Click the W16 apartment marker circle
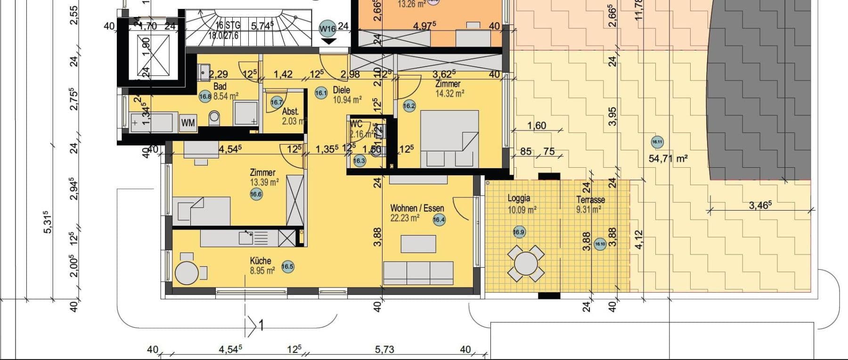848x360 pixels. [327, 28]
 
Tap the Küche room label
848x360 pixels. [261, 261]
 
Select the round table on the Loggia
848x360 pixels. [525, 263]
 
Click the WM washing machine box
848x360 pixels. [188, 123]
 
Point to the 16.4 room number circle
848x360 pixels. [439, 219]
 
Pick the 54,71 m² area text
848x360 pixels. [668, 159]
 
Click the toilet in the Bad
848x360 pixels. [214, 117]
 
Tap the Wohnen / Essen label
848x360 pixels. [417, 208]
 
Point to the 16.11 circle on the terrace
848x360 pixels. [657, 141]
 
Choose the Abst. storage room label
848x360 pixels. [290, 112]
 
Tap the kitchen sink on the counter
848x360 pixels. [246, 237]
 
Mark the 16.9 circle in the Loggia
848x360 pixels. [518, 232]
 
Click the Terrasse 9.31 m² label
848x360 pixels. [590, 204]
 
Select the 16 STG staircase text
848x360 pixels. [228, 25]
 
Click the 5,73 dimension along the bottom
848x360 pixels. [384, 350]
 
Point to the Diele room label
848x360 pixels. [341, 90]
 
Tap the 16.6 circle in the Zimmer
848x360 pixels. [256, 194]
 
